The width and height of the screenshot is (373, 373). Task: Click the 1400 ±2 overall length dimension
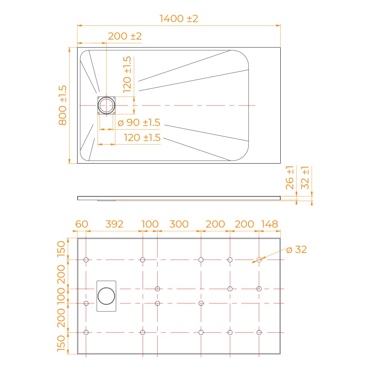[x=179, y=18]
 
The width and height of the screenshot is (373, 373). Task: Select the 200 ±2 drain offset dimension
[x=125, y=36]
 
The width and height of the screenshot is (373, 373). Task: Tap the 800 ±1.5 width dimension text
[x=63, y=105]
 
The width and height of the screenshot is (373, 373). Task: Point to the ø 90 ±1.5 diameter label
[x=139, y=123]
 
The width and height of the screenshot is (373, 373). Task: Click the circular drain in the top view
[x=107, y=105]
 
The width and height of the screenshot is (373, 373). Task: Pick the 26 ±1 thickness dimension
[x=290, y=177]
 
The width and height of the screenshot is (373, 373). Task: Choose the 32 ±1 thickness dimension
[x=305, y=177]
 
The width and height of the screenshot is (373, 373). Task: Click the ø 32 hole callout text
[x=296, y=250]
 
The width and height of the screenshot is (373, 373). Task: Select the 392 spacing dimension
[x=114, y=224]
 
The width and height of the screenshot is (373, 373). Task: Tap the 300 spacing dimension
[x=179, y=224]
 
